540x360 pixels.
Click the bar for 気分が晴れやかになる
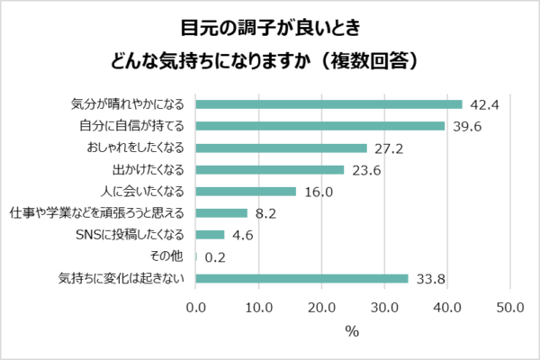pyautogui.click(x=328, y=103)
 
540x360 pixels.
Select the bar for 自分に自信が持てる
pyautogui.click(x=319, y=125)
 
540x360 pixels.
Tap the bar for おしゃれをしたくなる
pyautogui.click(x=281, y=148)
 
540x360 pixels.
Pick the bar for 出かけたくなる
pyautogui.click(x=270, y=169)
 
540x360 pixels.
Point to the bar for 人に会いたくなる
pyautogui.click(x=246, y=191)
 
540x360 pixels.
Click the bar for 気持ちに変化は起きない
pyautogui.click(x=301, y=278)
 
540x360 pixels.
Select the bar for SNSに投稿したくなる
pyautogui.click(x=210, y=235)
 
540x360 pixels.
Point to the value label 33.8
pyautogui.click(x=429, y=279)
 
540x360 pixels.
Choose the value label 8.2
pyautogui.click(x=265, y=213)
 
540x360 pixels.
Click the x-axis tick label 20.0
pyautogui.click(x=322, y=308)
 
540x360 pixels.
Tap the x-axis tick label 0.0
pyautogui.click(x=196, y=308)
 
